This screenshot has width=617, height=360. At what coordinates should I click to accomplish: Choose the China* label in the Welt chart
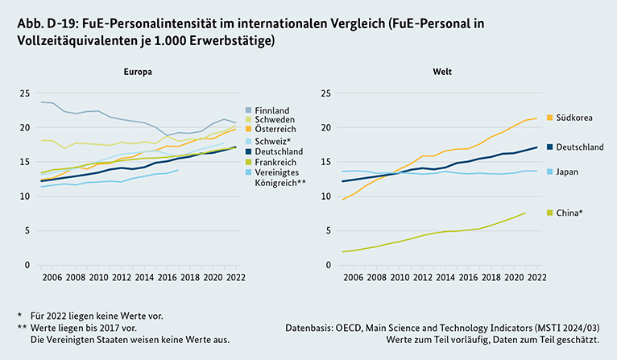(x=567, y=213)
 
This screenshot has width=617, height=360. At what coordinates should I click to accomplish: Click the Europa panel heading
(x=139, y=72)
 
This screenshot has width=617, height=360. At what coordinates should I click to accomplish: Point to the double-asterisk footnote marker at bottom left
(x=21, y=329)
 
